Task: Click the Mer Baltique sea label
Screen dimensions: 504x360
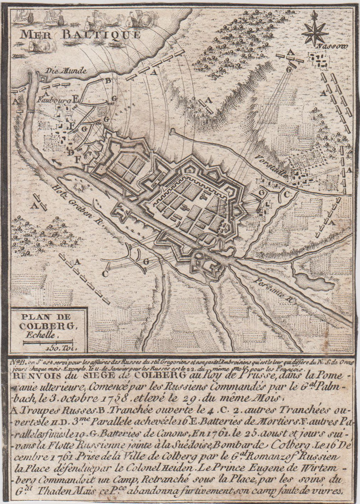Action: (x=80, y=35)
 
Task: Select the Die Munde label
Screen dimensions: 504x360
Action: (x=64, y=71)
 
